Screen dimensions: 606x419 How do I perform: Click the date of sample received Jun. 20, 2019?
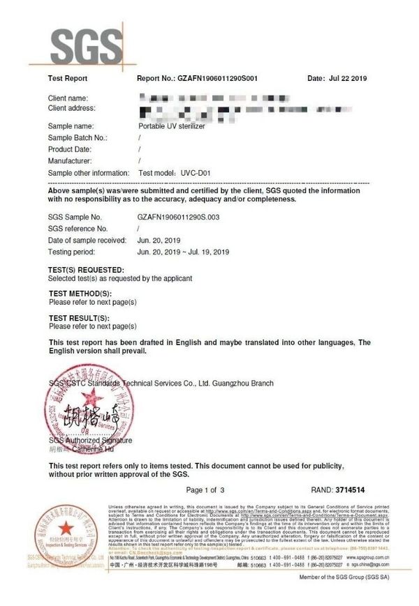(160, 240)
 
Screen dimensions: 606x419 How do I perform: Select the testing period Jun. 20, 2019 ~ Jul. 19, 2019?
(183, 251)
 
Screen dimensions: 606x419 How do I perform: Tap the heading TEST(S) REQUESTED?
(87, 270)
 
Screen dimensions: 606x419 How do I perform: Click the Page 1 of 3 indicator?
(205, 490)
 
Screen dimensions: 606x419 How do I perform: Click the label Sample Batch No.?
(78, 138)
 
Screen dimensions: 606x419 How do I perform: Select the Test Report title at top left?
(67, 79)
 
